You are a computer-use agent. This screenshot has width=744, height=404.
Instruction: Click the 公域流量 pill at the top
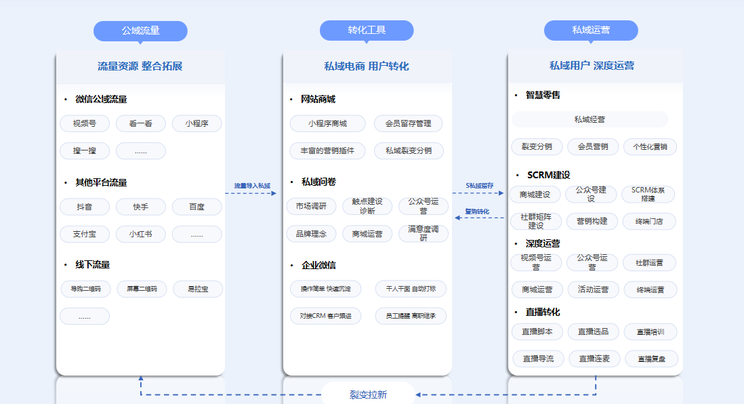140,31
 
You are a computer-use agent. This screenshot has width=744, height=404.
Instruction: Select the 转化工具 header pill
367,31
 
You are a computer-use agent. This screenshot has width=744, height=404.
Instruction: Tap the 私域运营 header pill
591,31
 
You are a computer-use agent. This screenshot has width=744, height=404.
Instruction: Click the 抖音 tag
85,207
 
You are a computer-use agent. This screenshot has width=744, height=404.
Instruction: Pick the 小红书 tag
140,235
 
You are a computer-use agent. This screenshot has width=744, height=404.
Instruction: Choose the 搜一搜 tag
85,150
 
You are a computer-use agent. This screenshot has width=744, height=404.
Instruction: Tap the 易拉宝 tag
198,289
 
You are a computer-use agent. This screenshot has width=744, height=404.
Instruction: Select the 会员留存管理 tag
408,123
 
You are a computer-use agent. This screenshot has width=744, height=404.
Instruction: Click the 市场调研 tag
310,206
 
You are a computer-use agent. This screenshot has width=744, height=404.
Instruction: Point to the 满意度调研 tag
423,233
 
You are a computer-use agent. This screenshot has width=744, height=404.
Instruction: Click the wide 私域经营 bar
590,119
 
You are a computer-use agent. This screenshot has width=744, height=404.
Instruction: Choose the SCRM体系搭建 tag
648,195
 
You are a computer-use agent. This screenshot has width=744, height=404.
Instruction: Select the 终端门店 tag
649,221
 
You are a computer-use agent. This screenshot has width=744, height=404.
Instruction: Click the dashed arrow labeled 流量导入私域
251,193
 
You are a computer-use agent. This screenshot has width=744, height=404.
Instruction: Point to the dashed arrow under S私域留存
479,193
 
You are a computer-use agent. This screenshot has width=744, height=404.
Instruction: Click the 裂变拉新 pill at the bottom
368,395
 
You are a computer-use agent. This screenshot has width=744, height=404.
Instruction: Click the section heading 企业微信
318,265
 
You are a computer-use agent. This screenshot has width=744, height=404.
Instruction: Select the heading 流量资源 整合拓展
140,66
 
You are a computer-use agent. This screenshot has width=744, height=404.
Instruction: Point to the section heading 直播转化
542,312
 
